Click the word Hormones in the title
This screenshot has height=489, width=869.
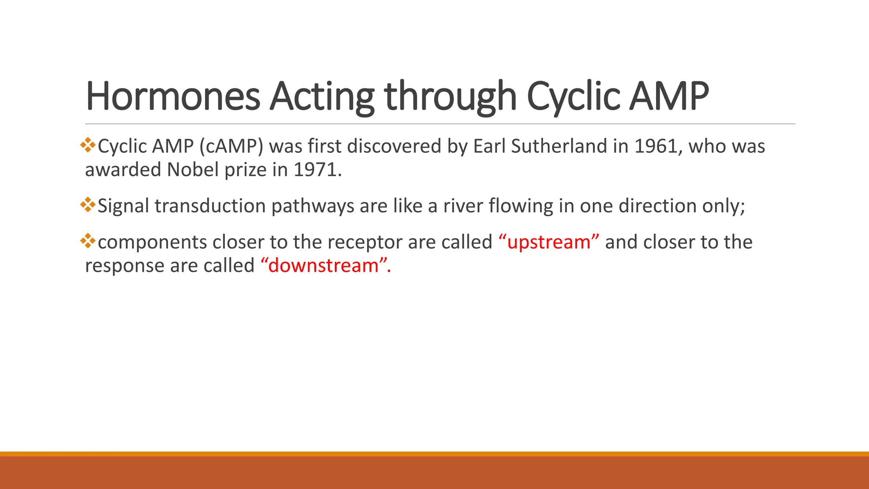(x=173, y=96)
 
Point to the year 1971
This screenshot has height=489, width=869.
(x=317, y=170)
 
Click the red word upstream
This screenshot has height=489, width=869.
(x=549, y=242)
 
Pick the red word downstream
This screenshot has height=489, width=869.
(x=323, y=266)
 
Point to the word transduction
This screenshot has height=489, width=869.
(x=210, y=206)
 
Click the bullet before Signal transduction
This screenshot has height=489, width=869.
(x=88, y=205)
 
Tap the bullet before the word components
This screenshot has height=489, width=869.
(x=88, y=241)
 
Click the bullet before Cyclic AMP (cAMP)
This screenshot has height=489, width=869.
(x=88, y=145)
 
